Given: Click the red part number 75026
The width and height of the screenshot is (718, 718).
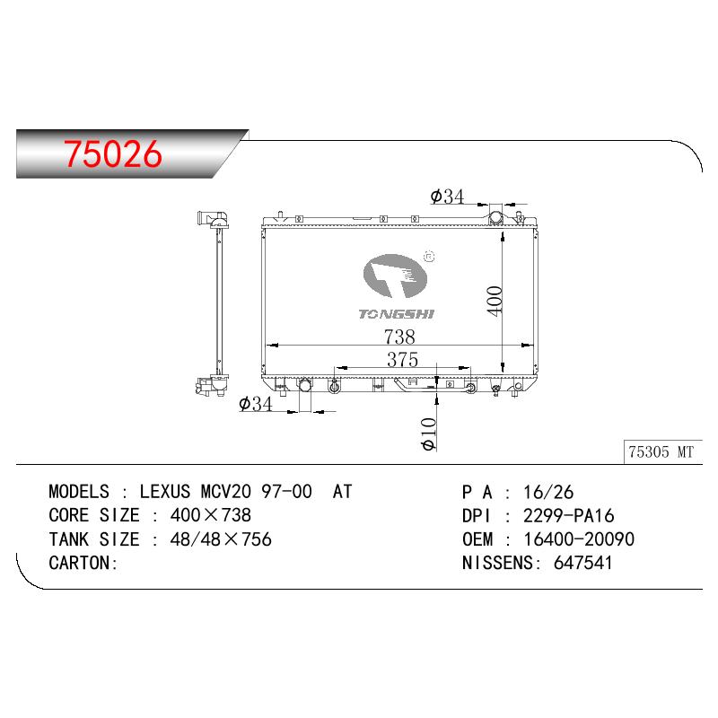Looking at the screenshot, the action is (113, 153).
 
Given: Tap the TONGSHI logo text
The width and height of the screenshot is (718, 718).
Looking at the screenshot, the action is (396, 314).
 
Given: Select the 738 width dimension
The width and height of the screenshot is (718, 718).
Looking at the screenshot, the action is (399, 337).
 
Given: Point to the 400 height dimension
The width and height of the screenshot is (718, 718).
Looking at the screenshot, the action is (495, 301).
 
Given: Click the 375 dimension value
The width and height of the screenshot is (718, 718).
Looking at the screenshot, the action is (402, 360).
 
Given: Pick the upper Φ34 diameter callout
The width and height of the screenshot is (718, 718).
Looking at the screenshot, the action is (447, 197).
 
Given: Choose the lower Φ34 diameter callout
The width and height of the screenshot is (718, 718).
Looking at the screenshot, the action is (256, 404).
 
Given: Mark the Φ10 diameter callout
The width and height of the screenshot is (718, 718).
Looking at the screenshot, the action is (429, 433).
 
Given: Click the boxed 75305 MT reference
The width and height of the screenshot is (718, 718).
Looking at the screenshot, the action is (661, 452).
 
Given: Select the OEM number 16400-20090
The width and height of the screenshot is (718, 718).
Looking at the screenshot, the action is (579, 539).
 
